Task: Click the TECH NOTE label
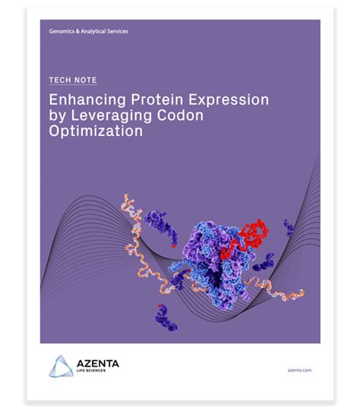coord(72,80)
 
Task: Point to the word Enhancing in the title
coord(84,102)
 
